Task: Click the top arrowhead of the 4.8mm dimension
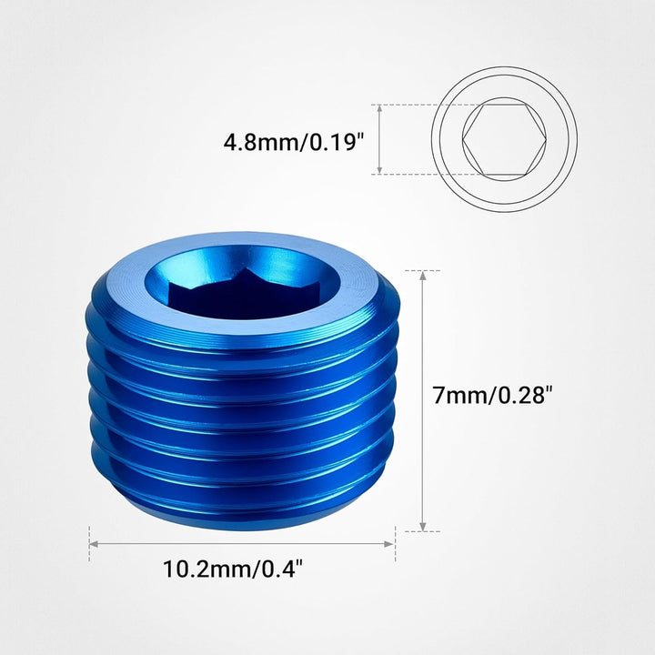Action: tap(379, 108)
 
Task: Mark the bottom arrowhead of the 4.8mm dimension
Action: tap(379, 169)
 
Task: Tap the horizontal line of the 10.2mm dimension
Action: tap(242, 544)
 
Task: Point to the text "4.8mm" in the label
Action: tap(257, 142)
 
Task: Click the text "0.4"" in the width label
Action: tap(278, 570)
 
